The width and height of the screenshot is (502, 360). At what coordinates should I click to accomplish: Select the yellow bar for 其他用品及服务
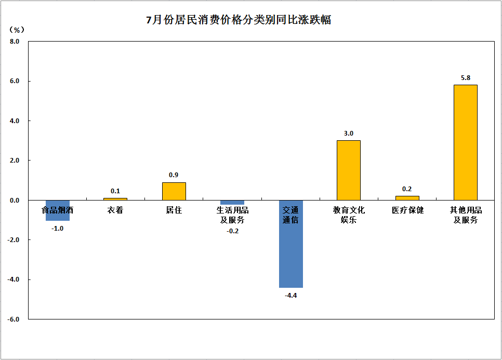coord(465,142)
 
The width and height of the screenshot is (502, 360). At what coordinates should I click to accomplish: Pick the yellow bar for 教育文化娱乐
coord(348,170)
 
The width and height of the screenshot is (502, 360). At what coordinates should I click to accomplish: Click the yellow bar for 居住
coord(174,191)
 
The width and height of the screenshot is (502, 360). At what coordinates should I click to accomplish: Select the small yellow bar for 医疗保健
coord(407,198)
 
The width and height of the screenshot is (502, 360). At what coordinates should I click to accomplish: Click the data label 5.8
coord(465,78)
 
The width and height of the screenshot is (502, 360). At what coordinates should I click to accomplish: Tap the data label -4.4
coord(290,296)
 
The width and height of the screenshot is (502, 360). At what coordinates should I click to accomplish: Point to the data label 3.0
coord(348,134)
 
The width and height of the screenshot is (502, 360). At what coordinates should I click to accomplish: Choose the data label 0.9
coord(174,175)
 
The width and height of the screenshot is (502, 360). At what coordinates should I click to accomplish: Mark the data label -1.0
coord(57,228)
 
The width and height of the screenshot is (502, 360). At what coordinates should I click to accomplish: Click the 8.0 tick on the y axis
coord(14,42)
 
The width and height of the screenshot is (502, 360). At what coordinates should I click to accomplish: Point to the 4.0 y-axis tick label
coord(14,121)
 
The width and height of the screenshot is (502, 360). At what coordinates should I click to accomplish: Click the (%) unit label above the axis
coord(17,30)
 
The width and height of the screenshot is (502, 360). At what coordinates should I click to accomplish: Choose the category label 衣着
coord(115,210)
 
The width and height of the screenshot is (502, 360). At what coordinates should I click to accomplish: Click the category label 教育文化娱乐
coord(349,215)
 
